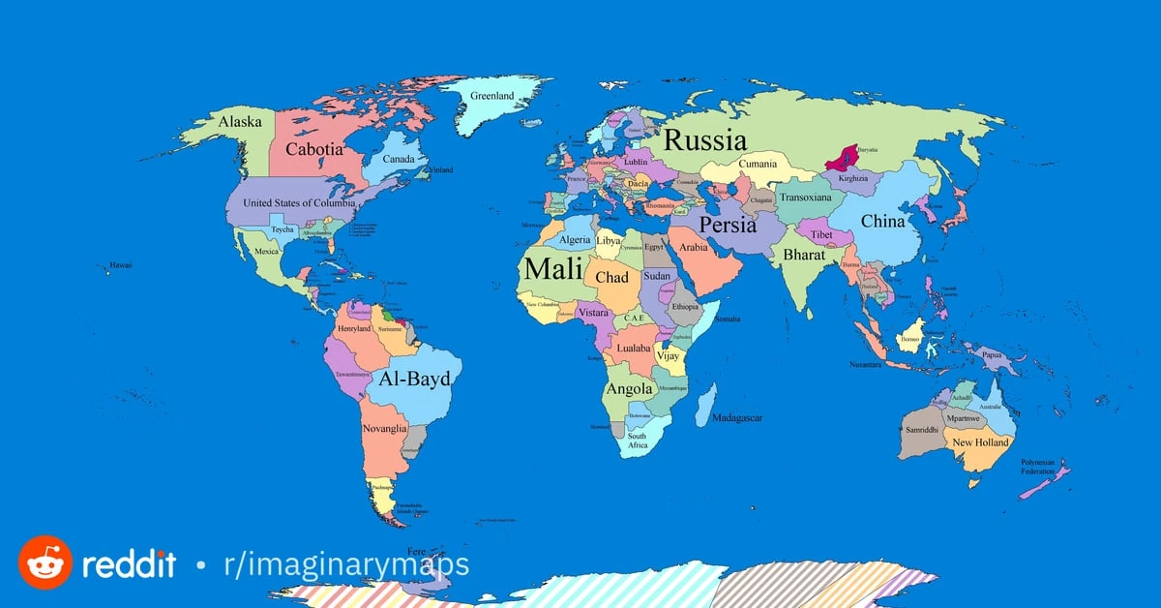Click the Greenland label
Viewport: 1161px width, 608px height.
point(491,96)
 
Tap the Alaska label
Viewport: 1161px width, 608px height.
point(239,122)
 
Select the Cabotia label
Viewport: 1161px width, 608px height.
point(313,150)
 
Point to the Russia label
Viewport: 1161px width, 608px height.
point(704,139)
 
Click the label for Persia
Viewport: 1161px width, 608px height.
point(728,225)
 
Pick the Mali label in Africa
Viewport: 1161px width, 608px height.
point(552,269)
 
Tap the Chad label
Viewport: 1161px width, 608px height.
point(611,277)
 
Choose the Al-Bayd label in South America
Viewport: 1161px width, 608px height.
point(414,379)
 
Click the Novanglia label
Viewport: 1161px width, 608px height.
point(384,428)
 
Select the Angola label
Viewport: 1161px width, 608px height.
point(629,389)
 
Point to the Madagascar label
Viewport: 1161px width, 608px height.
point(737,418)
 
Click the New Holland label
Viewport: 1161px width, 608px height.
point(980,442)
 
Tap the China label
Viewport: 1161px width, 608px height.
point(882,221)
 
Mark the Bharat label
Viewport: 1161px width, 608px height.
point(804,255)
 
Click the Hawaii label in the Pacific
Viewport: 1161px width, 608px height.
point(121,264)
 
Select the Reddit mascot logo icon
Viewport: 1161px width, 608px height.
point(45,562)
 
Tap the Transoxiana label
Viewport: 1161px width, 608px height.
point(805,198)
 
